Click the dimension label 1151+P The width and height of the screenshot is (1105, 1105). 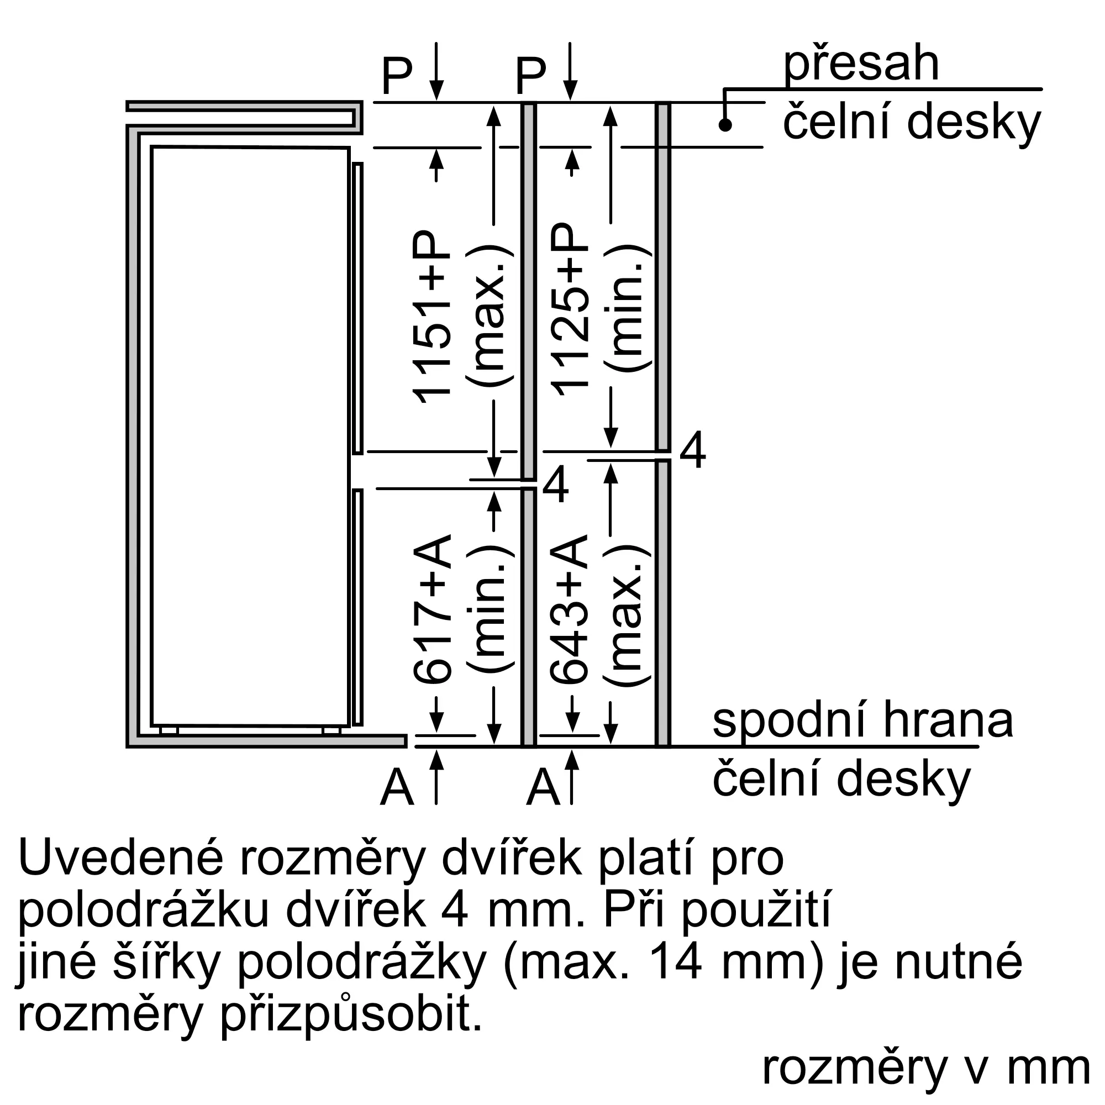click(x=432, y=318)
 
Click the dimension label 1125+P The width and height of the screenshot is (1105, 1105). click(x=570, y=309)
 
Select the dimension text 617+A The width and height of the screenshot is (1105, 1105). click(x=432, y=608)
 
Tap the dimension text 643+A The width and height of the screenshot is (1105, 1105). click(x=570, y=608)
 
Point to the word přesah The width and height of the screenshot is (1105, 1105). click(x=861, y=66)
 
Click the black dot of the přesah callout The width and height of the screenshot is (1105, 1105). click(x=725, y=125)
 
